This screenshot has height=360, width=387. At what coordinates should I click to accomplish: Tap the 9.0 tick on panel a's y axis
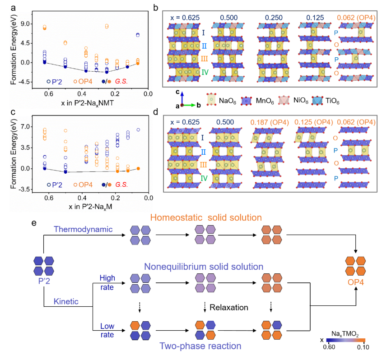[29, 23]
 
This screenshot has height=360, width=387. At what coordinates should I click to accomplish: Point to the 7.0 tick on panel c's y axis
[29, 127]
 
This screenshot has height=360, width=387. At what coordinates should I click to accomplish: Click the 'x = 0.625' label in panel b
[184, 17]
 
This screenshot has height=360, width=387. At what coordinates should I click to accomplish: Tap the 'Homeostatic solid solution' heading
[206, 218]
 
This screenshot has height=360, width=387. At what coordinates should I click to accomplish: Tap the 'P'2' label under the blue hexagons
[44, 282]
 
